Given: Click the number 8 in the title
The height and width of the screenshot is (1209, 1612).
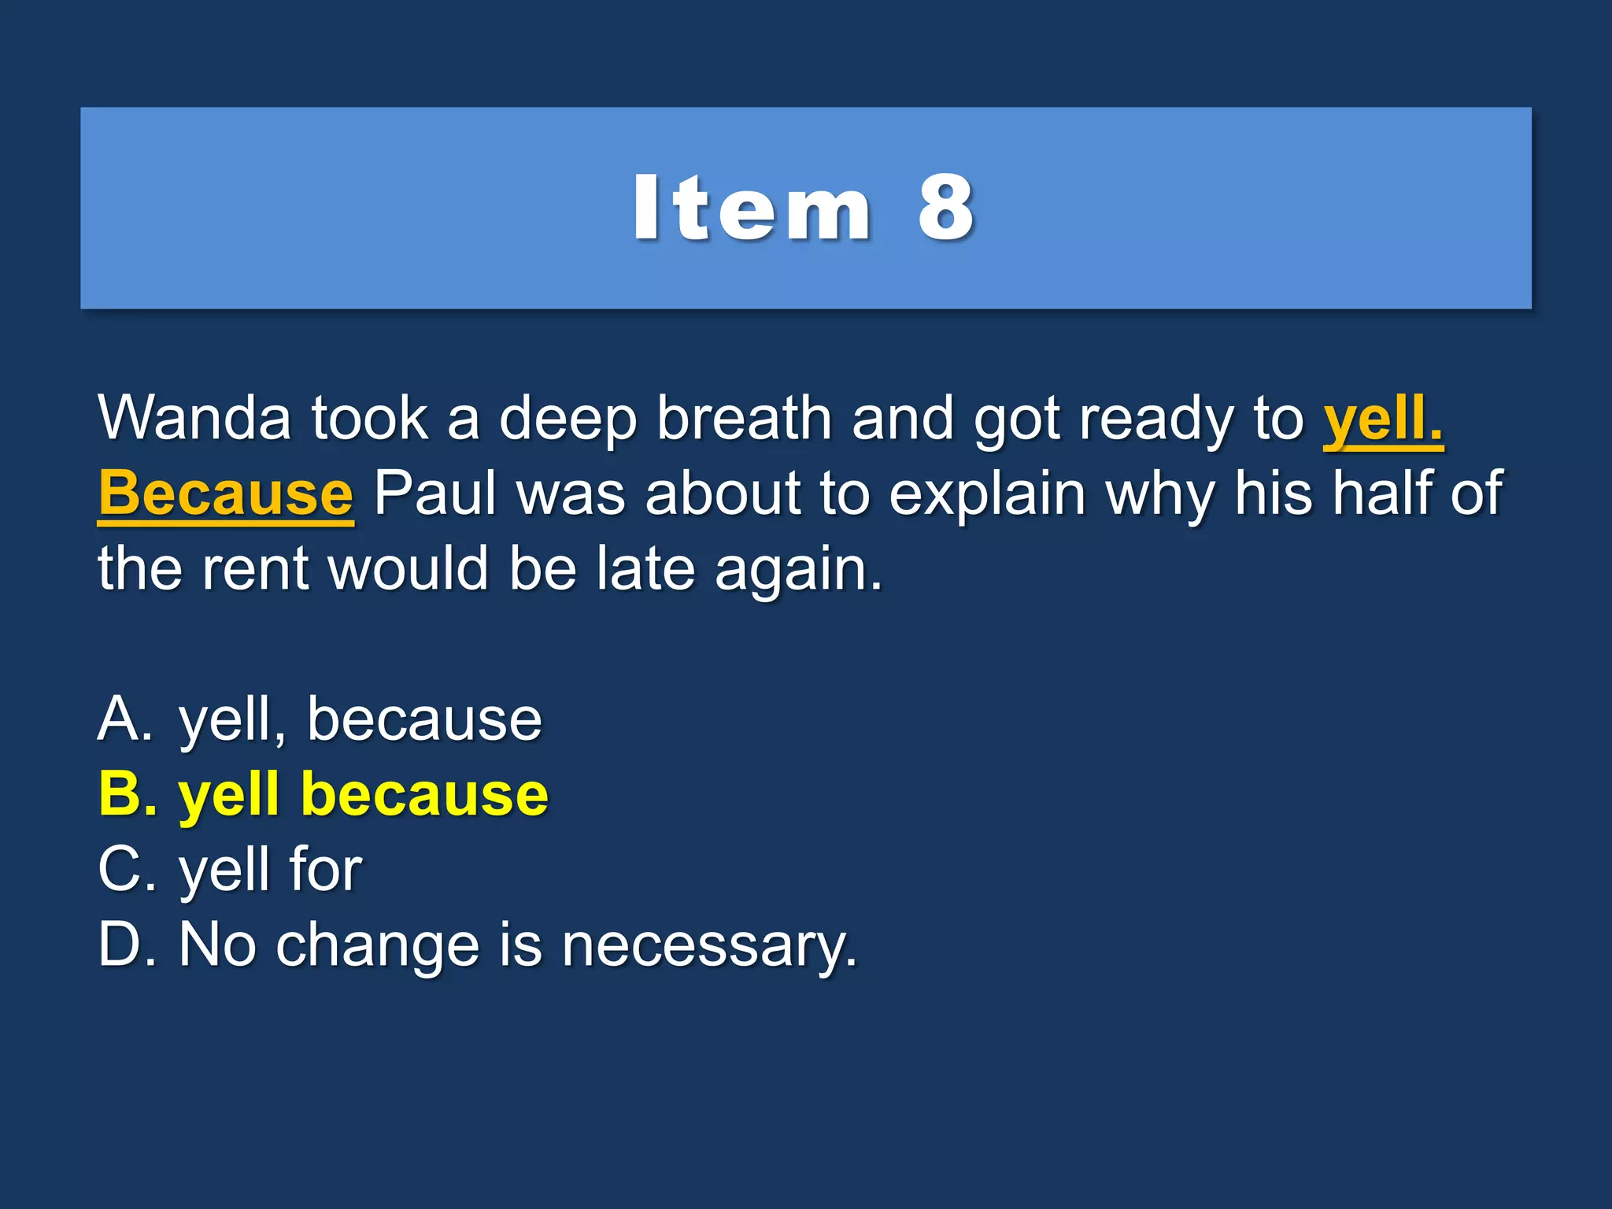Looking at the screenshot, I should pyautogui.click(x=945, y=209).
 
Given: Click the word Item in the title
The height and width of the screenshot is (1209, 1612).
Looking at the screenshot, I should pyautogui.click(x=752, y=209).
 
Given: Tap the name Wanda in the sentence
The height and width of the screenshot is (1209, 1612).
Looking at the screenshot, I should pyautogui.click(x=194, y=418).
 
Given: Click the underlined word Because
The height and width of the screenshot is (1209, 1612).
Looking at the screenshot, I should pyautogui.click(x=226, y=494).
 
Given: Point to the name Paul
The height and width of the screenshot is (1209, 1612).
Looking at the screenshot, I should pyautogui.click(x=434, y=494).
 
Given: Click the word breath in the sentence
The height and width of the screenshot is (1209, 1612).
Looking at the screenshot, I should pyautogui.click(x=744, y=418).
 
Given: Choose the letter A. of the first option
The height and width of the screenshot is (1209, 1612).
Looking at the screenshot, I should pyautogui.click(x=124, y=719).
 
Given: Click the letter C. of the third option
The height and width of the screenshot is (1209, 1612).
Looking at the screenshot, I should pyautogui.click(x=126, y=869).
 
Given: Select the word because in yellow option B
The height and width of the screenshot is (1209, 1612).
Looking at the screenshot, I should pyautogui.click(x=424, y=795).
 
